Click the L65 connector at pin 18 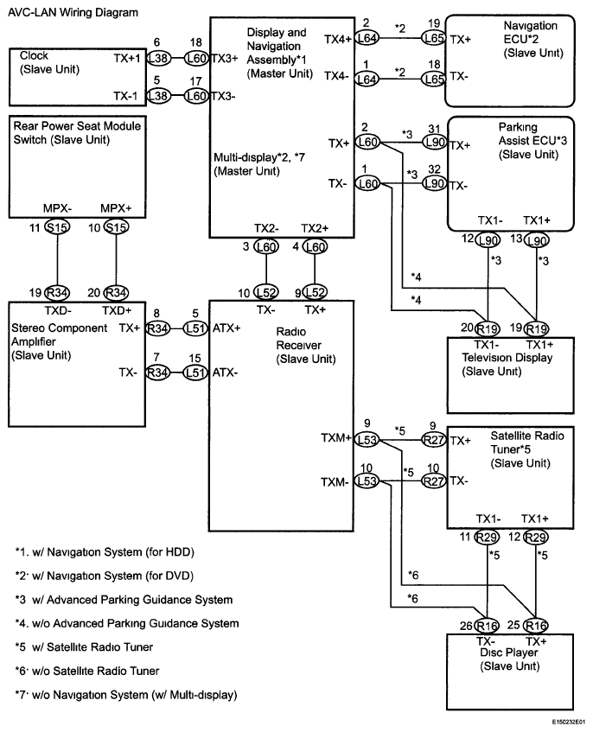(x=432, y=76)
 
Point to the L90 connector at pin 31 (x=433, y=144)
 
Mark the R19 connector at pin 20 (x=489, y=328)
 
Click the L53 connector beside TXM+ (x=367, y=438)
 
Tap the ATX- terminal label (x=226, y=372)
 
